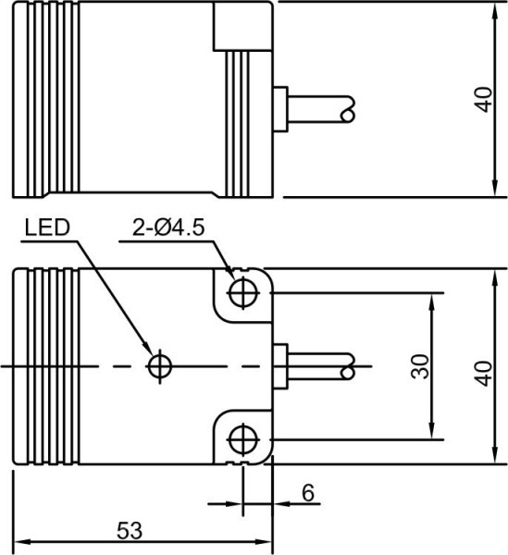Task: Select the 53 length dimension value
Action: (x=130, y=530)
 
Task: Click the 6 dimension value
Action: (x=307, y=493)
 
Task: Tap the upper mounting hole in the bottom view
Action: (x=242, y=291)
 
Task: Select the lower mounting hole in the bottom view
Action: (x=242, y=437)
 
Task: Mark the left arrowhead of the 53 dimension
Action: (x=20, y=541)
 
